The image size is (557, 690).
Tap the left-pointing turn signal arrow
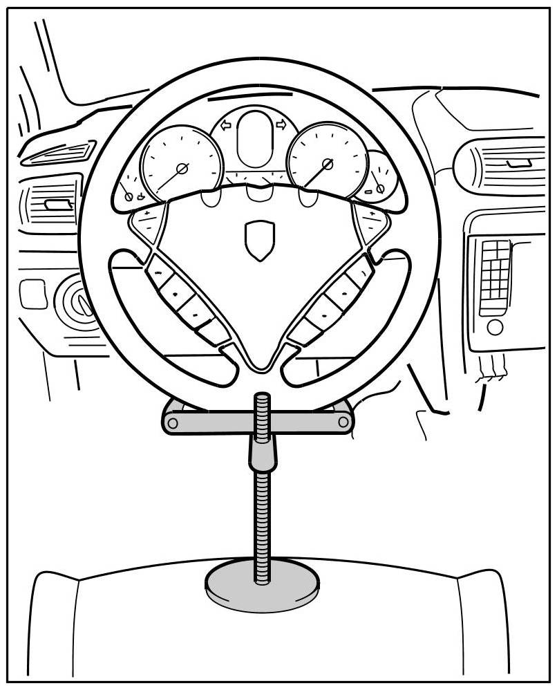(x=225, y=126)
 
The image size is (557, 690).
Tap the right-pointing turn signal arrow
(x=281, y=124)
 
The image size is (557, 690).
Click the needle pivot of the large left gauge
(x=182, y=168)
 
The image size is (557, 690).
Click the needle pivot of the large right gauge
(x=328, y=164)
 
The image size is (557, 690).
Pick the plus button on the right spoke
(x=372, y=216)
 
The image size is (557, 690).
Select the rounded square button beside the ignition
(x=32, y=293)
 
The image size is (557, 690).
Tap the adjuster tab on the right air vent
(x=518, y=163)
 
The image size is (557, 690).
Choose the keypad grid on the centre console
(x=495, y=277)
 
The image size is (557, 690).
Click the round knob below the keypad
(x=495, y=327)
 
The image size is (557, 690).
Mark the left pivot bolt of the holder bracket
(x=172, y=422)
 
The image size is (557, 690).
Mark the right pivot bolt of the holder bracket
(x=343, y=422)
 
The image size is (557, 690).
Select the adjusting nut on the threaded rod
(x=262, y=453)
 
